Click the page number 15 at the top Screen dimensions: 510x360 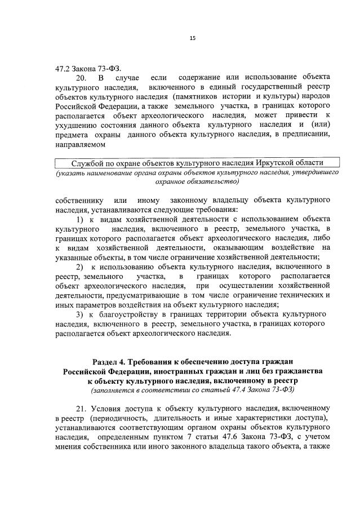pyautogui.click(x=192, y=38)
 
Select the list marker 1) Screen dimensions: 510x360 pyautogui.click(x=79, y=219)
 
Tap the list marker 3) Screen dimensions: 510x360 pyautogui.click(x=79, y=314)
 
